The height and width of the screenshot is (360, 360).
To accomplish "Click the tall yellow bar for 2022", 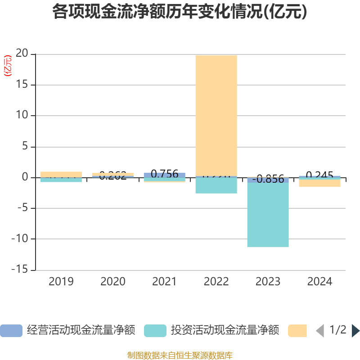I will pos(216,115).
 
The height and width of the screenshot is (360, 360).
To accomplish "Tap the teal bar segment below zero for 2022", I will pos(216,186).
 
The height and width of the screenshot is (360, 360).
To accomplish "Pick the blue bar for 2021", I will pos(164,175).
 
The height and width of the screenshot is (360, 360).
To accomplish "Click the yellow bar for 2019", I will pos(61,174).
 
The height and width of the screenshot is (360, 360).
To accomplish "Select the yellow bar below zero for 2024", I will pos(319,184).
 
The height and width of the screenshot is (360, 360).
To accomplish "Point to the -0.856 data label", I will pos(268,180).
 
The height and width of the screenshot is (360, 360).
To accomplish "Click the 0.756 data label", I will pos(164,174).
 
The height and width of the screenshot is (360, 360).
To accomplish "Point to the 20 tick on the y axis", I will pos(22,54).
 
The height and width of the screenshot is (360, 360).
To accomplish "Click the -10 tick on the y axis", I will pos(19,239).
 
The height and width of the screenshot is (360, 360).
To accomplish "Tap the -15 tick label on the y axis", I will pos(19,270).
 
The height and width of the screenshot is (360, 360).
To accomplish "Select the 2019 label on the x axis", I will pos(61,282).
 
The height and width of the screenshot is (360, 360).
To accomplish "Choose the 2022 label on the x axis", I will pos(216,282).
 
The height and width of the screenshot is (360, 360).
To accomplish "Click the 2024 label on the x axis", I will pos(319,282).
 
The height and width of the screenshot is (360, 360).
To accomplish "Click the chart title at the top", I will pos(180,12).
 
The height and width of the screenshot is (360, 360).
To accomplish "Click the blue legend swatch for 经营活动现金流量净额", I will pos(11,331).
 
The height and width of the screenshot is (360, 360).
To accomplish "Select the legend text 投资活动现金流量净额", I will pos(225,330).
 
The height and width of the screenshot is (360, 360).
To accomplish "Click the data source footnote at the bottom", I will pos(180,355).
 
